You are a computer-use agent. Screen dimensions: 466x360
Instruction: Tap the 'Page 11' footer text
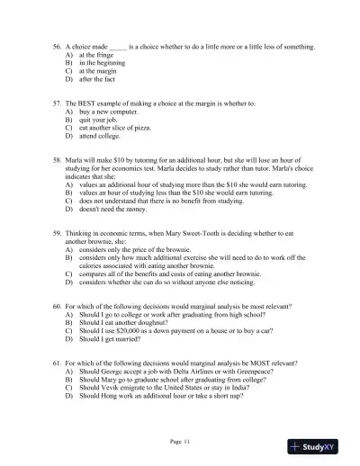point(180,441)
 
